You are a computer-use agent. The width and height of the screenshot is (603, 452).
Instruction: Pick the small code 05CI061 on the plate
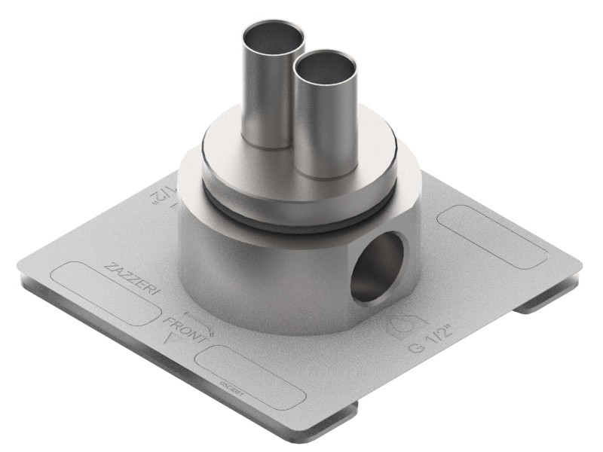click(x=229, y=384)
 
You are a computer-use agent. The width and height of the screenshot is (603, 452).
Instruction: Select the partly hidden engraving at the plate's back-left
click(x=162, y=194)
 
